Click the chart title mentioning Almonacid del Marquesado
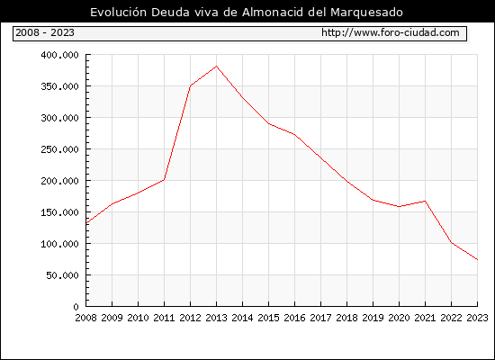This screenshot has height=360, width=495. click(247, 13)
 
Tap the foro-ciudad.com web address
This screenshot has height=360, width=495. click(391, 32)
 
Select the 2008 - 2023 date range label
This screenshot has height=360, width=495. click(45, 32)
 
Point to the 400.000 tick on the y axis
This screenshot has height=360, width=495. click(59, 55)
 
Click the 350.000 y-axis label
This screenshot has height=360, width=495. click(59, 86)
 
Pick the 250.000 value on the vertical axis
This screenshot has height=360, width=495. click(59, 149)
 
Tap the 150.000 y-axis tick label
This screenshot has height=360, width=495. click(59, 212)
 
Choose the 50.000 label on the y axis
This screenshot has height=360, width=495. click(62, 275)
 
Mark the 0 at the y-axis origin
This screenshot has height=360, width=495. click(76, 307)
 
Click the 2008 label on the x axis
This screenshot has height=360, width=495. click(85, 318)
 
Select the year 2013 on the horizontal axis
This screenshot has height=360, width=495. click(216, 318)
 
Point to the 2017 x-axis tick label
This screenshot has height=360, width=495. click(320, 318)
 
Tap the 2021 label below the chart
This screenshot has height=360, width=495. click(425, 318)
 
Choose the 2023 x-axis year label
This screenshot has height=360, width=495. click(477, 318)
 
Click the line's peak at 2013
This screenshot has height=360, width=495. click(216, 66)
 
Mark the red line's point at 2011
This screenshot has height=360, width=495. click(164, 180)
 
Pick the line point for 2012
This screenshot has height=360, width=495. click(191, 85)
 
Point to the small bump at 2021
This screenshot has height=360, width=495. click(425, 201)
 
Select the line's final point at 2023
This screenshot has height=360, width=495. click(477, 259)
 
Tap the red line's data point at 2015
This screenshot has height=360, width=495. click(269, 123)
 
